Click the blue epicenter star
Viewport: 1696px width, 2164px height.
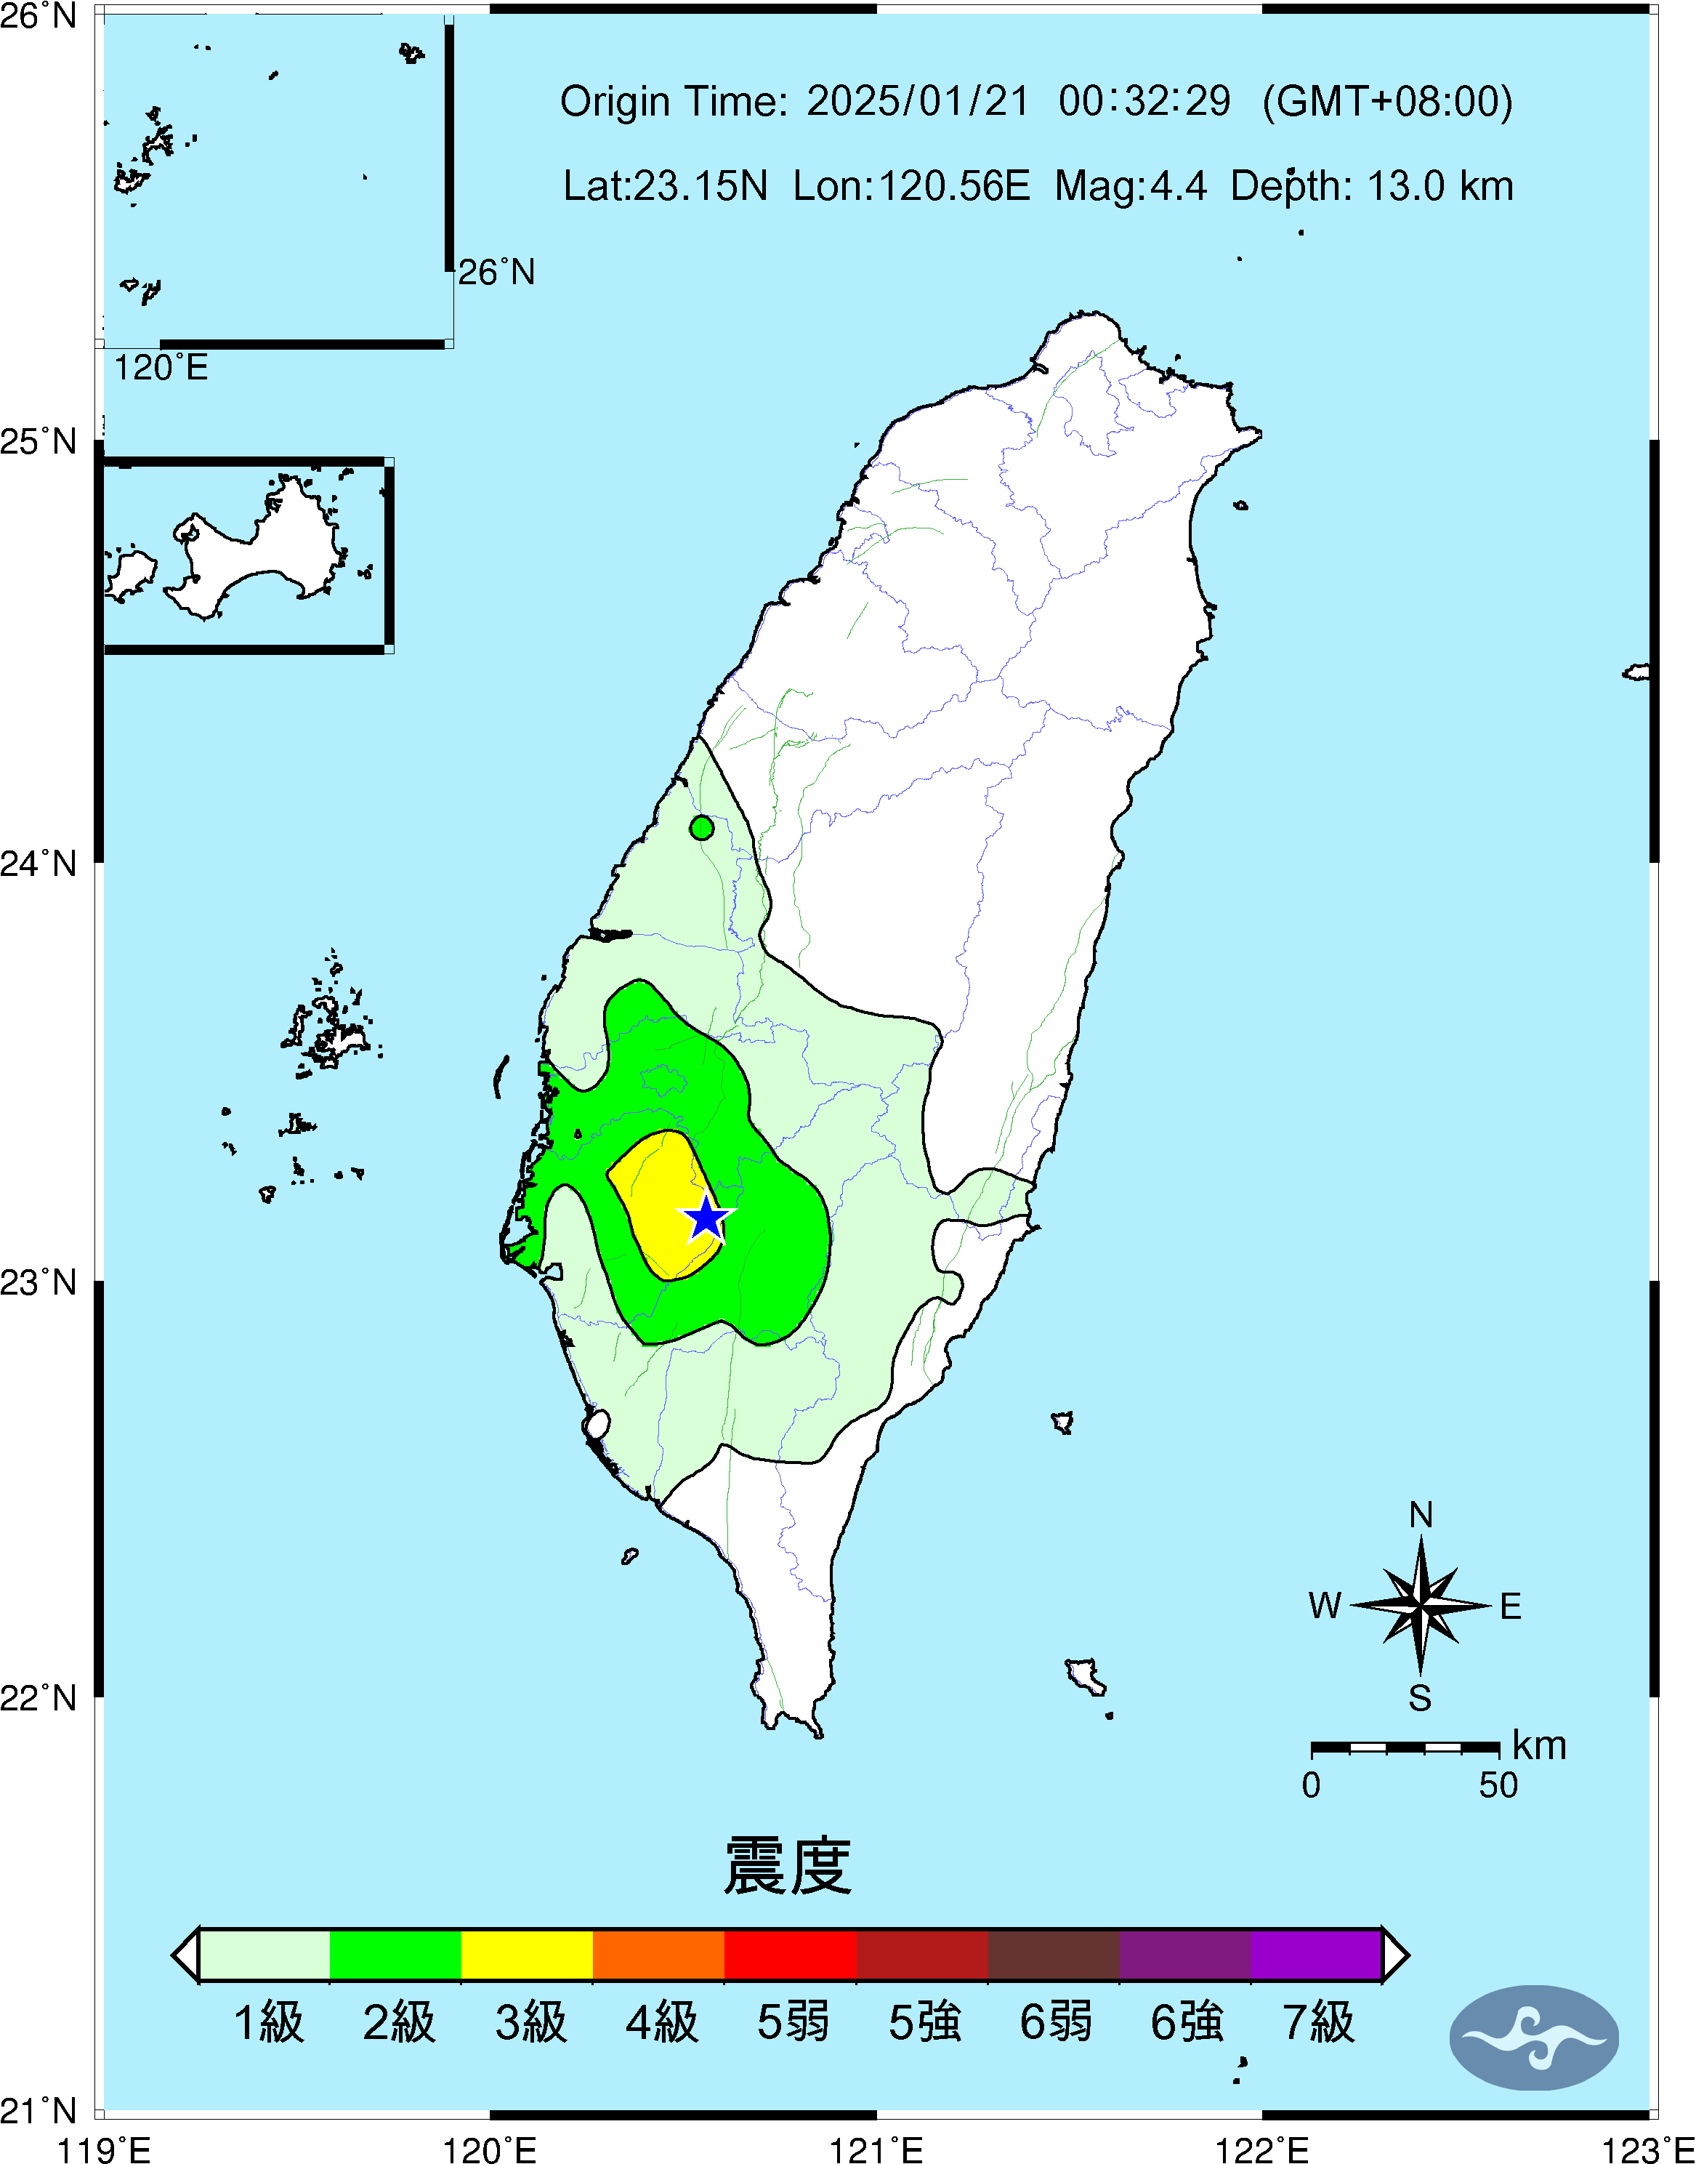[x=706, y=1218]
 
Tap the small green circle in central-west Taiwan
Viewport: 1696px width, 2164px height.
[x=702, y=827]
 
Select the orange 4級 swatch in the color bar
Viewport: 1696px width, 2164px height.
[x=658, y=1955]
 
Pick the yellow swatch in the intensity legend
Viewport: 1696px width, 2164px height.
[x=528, y=1955]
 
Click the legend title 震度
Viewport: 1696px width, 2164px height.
[x=788, y=1866]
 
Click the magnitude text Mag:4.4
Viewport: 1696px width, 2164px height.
[x=1131, y=185]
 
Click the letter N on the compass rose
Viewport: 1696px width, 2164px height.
[x=1421, y=1516]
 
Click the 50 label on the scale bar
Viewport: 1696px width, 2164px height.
[x=1498, y=1785]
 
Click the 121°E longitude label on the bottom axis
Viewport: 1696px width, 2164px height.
[x=876, y=2150]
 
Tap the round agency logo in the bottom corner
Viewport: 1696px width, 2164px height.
[x=1533, y=2038]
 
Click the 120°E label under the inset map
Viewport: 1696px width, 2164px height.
[x=161, y=369]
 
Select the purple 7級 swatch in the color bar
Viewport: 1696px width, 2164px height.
[x=1316, y=1955]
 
